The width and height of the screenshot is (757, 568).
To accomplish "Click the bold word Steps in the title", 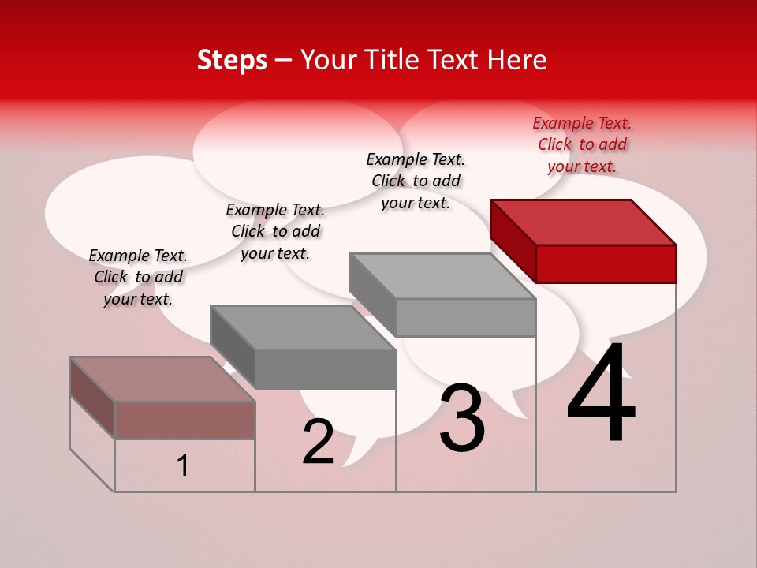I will coord(232,60).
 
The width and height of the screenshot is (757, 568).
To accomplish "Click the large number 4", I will coord(601,394).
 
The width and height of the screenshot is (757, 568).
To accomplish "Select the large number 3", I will coord(462,418).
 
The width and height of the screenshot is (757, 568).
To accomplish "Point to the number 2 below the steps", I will coord(319,443).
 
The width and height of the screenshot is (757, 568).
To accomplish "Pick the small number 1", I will coord(183,466).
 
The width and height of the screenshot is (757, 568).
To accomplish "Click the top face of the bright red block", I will coord(584,222).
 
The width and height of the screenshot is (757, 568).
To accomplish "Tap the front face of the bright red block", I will coord(606,263).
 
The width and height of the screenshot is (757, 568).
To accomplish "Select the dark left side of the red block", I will coord(513,241).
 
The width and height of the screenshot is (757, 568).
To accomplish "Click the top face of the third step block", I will coord(442,276).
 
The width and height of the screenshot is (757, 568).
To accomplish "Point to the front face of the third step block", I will coord(465,318).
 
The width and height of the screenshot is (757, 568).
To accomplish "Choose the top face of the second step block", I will coord(303,327).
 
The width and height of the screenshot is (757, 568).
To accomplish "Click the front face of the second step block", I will coord(325,369).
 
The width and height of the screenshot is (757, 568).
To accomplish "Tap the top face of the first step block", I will coord(162,379).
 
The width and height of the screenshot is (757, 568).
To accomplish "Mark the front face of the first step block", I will coord(185,420).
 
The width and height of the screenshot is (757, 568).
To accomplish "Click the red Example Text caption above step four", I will coord(582,144).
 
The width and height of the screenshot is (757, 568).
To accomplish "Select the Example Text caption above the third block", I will coord(416,181).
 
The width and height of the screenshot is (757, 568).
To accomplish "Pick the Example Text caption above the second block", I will coord(275,231).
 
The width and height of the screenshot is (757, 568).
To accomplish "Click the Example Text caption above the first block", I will coord(138,277).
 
